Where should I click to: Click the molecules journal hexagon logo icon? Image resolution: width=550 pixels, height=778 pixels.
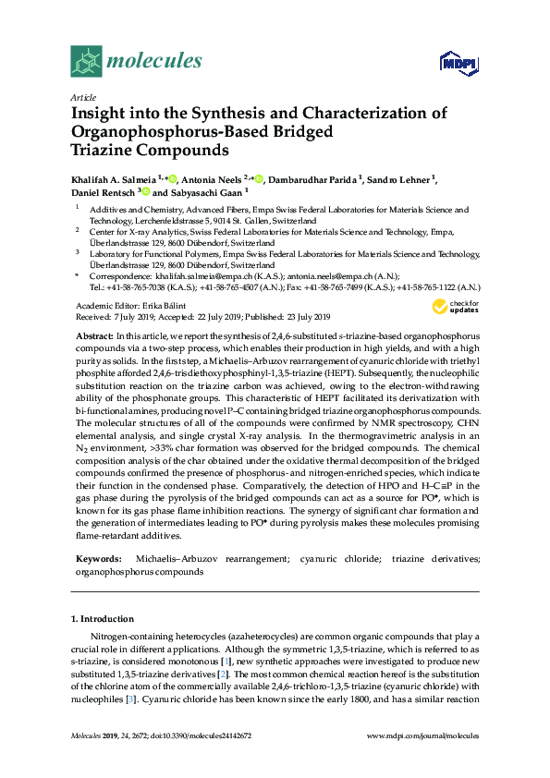tap(86, 62)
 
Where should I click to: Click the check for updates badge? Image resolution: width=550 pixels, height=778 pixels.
tap(452, 308)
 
